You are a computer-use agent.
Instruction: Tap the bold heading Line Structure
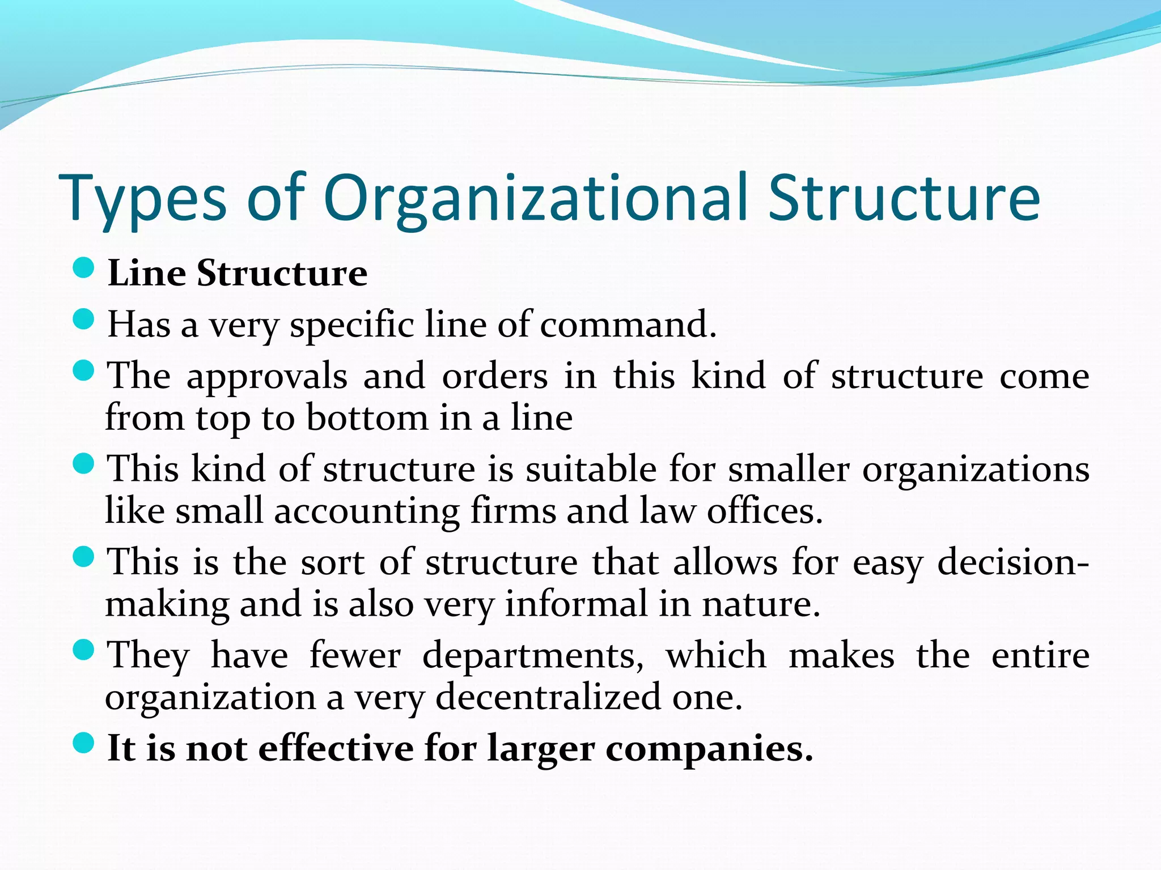click(238, 274)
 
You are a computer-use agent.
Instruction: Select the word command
click(628, 325)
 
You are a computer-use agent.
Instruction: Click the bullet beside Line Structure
click(83, 268)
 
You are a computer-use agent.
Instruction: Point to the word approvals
click(266, 377)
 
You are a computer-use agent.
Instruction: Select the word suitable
click(591, 470)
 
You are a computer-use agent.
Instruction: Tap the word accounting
click(367, 511)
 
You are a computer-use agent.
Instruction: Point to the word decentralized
click(548, 697)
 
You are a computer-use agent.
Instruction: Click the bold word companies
click(709, 749)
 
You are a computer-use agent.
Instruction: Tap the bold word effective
click(336, 749)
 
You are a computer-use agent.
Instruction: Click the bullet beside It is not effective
click(83, 743)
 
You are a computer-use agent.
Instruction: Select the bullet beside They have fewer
click(83, 650)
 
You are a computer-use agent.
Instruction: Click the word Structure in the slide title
click(904, 198)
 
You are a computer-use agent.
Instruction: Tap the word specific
click(352, 325)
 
